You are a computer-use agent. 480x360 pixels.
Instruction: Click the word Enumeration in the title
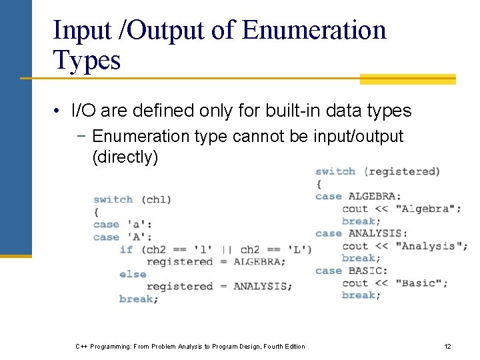[x=314, y=30]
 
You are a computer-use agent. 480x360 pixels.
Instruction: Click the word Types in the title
[x=87, y=60]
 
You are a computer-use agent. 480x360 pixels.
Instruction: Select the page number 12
[x=447, y=346]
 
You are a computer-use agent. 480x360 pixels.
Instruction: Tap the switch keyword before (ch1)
[x=113, y=199]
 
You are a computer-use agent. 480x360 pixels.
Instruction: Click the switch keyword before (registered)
[x=335, y=171]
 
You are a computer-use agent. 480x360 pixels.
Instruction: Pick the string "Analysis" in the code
[x=431, y=246]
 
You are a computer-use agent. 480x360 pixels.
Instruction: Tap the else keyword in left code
[x=133, y=274]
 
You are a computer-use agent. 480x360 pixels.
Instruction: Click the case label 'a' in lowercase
[x=139, y=225]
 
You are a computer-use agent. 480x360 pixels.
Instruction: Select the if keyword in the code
[x=126, y=249]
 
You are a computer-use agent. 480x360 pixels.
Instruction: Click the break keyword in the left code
[x=139, y=299]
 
